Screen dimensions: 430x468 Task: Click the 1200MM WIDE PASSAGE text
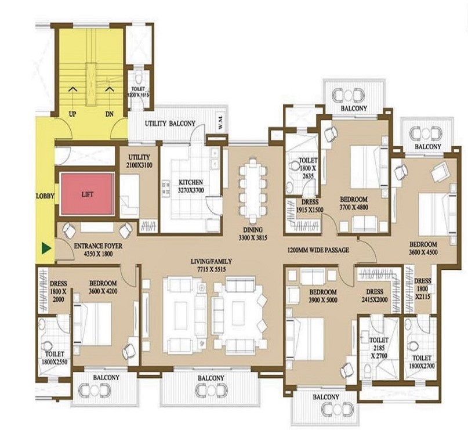coord(318,250)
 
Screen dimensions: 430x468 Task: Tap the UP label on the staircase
coord(72,114)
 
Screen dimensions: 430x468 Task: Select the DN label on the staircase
coord(110,114)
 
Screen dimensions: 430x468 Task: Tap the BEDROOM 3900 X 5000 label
coord(322,295)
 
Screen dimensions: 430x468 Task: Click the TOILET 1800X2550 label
coord(53,357)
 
